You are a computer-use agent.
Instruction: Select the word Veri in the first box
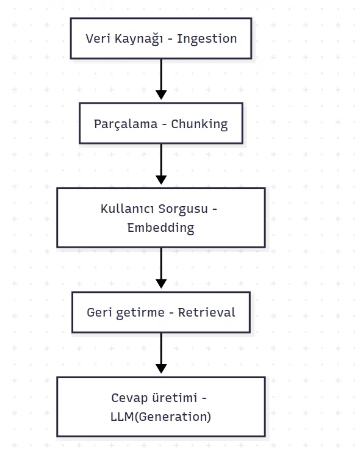coord(96,38)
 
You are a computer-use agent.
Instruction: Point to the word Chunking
coord(199,124)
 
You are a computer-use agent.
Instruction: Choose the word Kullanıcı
coord(127,209)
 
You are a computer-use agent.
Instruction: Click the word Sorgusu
coord(184,209)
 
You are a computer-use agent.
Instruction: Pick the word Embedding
coord(160,228)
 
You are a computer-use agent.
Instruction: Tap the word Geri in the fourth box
coord(99,312)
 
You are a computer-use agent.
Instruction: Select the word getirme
coord(139,312)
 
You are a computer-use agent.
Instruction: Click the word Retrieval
coord(206,312)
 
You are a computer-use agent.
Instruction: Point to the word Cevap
coord(130,398)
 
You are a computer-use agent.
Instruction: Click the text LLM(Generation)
coord(160,417)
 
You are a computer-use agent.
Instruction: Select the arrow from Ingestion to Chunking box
coord(161,78)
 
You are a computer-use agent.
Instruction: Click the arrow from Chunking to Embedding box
coord(161,163)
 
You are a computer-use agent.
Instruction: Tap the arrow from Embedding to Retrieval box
coord(161,267)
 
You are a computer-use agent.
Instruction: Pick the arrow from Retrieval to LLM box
coord(161,352)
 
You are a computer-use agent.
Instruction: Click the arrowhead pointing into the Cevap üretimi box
coord(161,369)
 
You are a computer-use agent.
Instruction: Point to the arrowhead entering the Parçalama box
coord(161,95)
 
